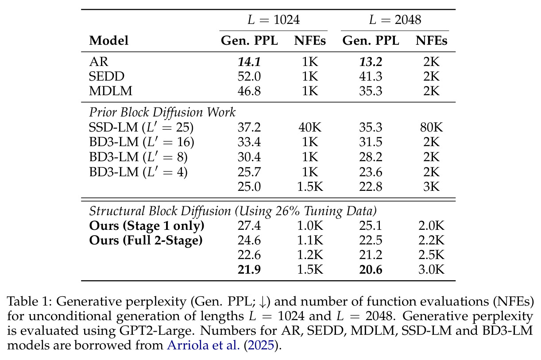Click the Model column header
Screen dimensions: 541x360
[x=108, y=40]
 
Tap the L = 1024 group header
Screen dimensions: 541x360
[x=274, y=19]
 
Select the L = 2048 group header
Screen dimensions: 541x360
[x=395, y=19]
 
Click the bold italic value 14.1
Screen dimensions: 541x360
[x=249, y=62]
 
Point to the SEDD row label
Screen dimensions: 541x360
[x=107, y=76]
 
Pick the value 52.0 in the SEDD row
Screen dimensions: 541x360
[x=249, y=76]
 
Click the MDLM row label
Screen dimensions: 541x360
[x=111, y=91]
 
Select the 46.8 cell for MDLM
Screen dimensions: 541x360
[x=249, y=91]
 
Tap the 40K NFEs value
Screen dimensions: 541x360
[x=310, y=128]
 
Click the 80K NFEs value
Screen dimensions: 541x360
[x=431, y=128]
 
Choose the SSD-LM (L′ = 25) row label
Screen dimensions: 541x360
[x=141, y=128]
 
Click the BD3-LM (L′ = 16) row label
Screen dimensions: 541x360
[x=142, y=142]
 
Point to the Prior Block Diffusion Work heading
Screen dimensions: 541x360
[x=162, y=112]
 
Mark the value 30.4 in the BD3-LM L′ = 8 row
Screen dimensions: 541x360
[x=249, y=157]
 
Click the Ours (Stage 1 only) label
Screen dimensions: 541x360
[x=147, y=226]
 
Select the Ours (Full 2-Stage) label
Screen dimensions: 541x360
[x=146, y=240]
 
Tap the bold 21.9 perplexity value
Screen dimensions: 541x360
[x=249, y=270]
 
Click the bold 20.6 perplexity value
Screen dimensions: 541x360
[x=371, y=270]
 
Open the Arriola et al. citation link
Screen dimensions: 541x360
[x=203, y=345]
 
